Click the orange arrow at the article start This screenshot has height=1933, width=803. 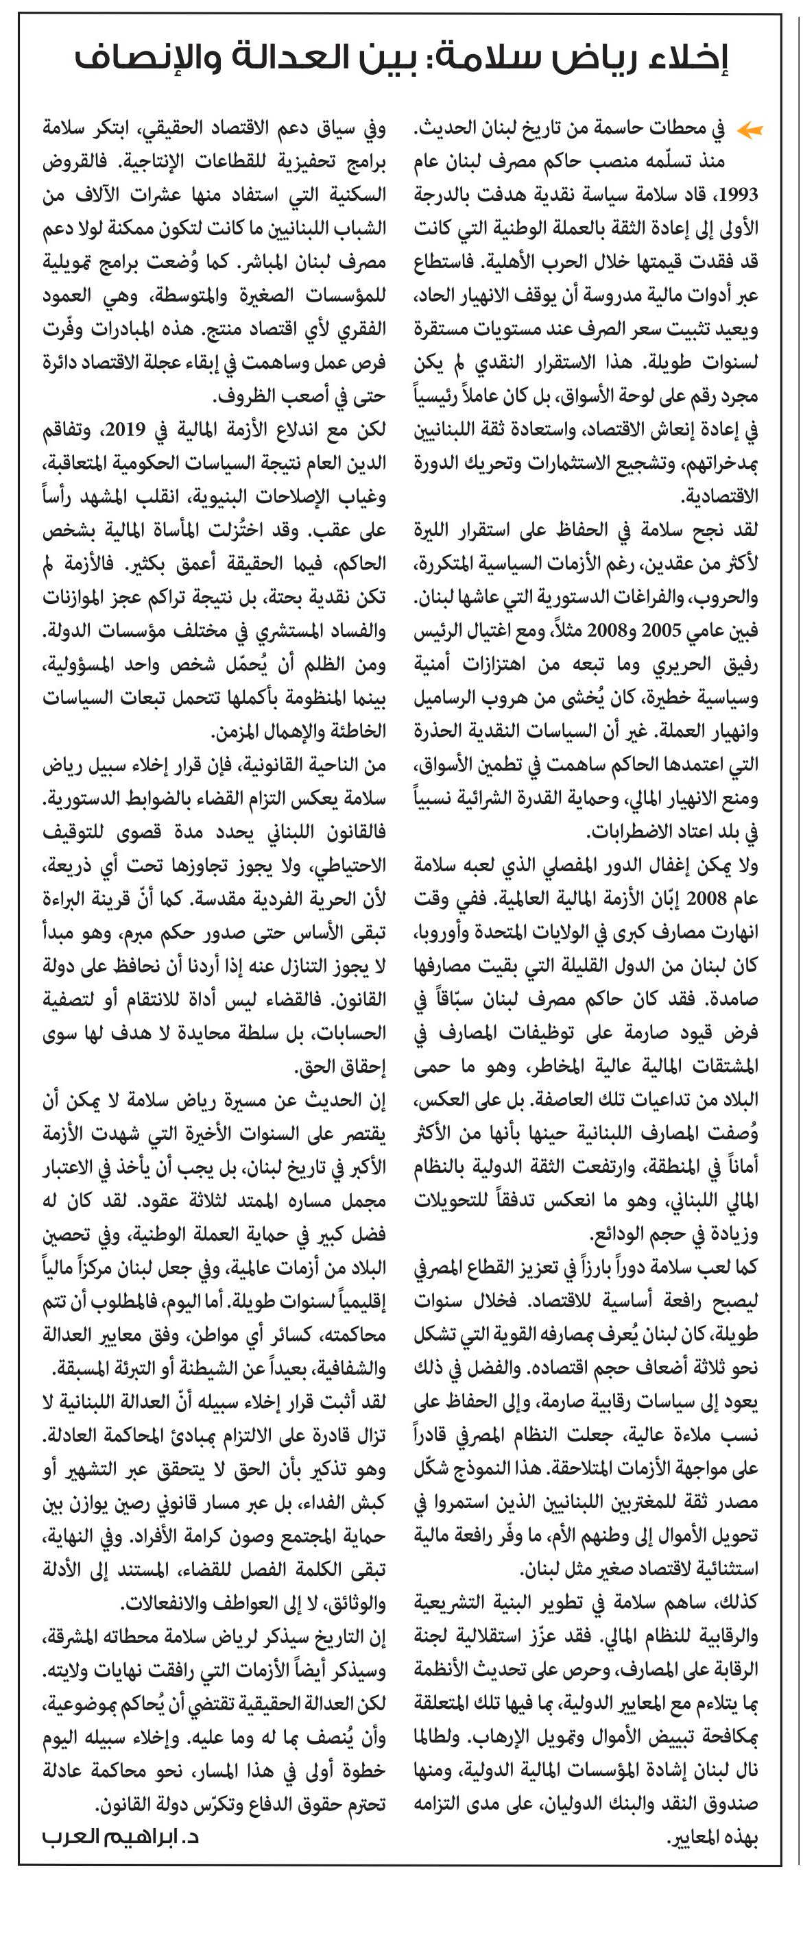click(x=749, y=130)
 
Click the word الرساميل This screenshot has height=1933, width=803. click(x=446, y=697)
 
